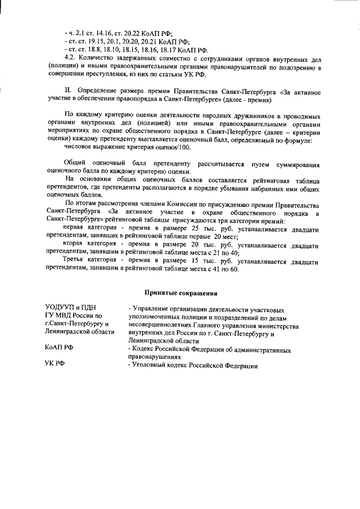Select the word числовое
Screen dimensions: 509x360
point(79,147)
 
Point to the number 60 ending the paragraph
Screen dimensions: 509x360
point(234,269)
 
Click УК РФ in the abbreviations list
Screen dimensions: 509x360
point(55,366)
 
